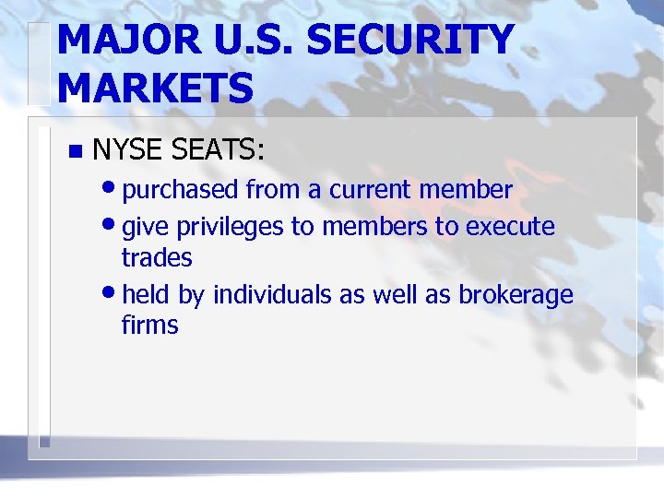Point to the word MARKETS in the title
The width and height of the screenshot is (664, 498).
click(x=154, y=89)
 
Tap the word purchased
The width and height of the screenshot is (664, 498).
click(x=181, y=190)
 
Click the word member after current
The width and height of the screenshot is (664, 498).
click(x=466, y=190)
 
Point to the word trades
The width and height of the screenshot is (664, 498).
click(x=156, y=257)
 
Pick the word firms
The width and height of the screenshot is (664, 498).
click(x=149, y=326)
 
